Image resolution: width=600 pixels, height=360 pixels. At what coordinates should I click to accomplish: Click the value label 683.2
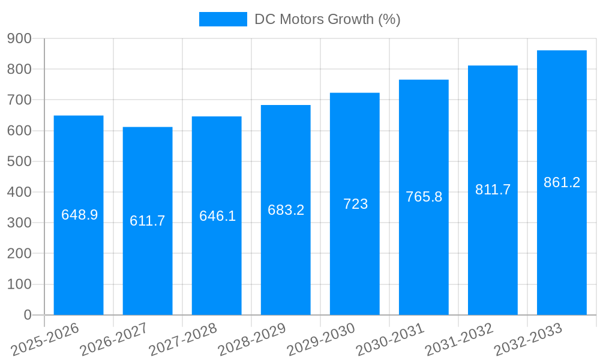coord(286,210)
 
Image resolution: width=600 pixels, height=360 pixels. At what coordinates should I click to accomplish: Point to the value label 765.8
coord(424,197)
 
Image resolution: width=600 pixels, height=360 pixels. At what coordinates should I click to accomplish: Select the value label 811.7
coord(493,190)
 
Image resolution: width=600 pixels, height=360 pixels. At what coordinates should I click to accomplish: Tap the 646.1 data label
coord(217,216)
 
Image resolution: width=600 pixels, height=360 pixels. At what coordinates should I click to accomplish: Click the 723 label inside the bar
coord(355,204)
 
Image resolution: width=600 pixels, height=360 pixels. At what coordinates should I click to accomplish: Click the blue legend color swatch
coord(223,19)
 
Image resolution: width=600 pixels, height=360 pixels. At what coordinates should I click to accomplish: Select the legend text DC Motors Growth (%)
coord(327,19)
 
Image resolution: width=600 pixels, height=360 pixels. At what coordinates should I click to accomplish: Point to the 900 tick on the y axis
coord(19,38)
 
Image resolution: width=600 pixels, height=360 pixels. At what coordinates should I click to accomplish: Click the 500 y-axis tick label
coord(19,161)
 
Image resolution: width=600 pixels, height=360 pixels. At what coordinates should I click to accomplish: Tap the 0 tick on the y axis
coord(27,315)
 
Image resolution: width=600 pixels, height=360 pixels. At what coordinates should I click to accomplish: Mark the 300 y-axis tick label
coord(19,223)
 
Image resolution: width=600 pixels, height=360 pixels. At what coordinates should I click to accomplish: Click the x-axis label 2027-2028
coord(183,340)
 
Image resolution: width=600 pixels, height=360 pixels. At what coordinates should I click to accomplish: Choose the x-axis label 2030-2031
coord(390,340)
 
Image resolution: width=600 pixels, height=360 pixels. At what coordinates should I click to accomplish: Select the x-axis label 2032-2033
coord(528,340)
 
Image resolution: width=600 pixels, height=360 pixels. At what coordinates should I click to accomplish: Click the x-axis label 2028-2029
coord(252,340)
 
